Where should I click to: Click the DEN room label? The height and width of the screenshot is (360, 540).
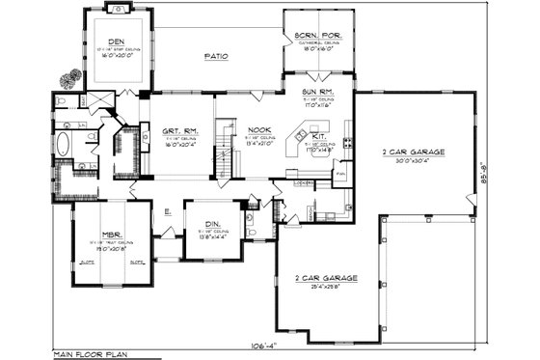pyautogui.click(x=116, y=42)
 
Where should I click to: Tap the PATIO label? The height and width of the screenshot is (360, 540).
pyautogui.click(x=216, y=57)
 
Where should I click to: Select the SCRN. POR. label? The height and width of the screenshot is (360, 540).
pyautogui.click(x=314, y=35)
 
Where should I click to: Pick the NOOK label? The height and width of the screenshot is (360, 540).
pyautogui.click(x=258, y=130)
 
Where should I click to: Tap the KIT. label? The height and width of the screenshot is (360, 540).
pyautogui.click(x=319, y=137)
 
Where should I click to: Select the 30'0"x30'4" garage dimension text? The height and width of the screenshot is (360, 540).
pyautogui.click(x=413, y=160)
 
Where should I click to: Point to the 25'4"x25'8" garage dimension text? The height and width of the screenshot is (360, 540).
pyautogui.click(x=327, y=287)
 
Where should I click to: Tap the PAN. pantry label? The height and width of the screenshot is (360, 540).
pyautogui.click(x=340, y=174)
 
